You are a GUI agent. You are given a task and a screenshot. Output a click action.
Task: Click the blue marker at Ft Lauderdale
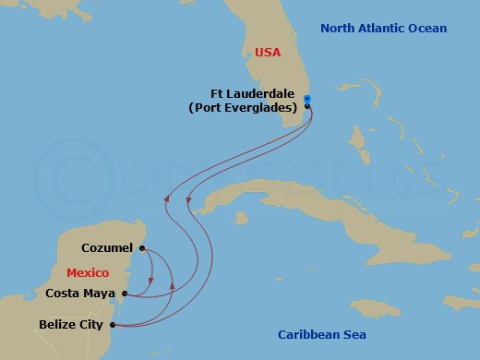[307, 100]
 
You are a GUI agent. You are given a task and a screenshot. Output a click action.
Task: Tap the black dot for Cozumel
[141, 247]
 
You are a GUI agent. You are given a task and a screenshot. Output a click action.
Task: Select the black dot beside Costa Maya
[125, 295]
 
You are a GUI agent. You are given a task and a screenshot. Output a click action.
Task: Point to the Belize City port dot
[113, 325]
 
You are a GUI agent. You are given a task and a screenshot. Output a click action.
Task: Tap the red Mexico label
[88, 273]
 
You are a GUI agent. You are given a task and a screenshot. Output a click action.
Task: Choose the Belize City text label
[73, 325]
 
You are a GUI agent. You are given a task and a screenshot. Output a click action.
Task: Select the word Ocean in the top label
[428, 29]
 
